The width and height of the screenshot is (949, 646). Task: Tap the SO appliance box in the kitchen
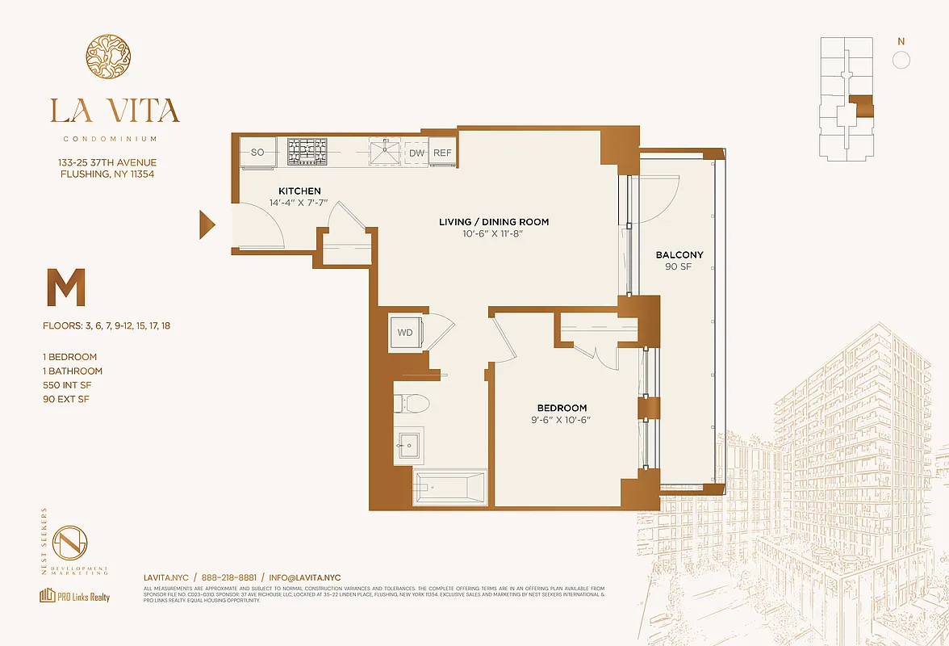coord(258,152)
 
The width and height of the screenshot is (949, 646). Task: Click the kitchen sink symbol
coord(387,151)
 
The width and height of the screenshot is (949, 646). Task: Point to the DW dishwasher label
coord(416,153)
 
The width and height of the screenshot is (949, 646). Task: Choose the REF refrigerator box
coord(442,153)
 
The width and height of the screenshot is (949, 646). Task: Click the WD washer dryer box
coord(404,332)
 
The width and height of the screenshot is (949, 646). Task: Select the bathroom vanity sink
coord(408,446)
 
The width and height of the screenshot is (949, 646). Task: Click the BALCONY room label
coord(679,255)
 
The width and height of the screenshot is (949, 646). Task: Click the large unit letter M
coord(65,290)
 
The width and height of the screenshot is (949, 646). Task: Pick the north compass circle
coord(901,60)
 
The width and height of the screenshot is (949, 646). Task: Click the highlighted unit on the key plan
coord(863,106)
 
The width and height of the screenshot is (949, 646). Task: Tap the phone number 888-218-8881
coord(228,577)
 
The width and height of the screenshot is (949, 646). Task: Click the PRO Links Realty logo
coord(74,597)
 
